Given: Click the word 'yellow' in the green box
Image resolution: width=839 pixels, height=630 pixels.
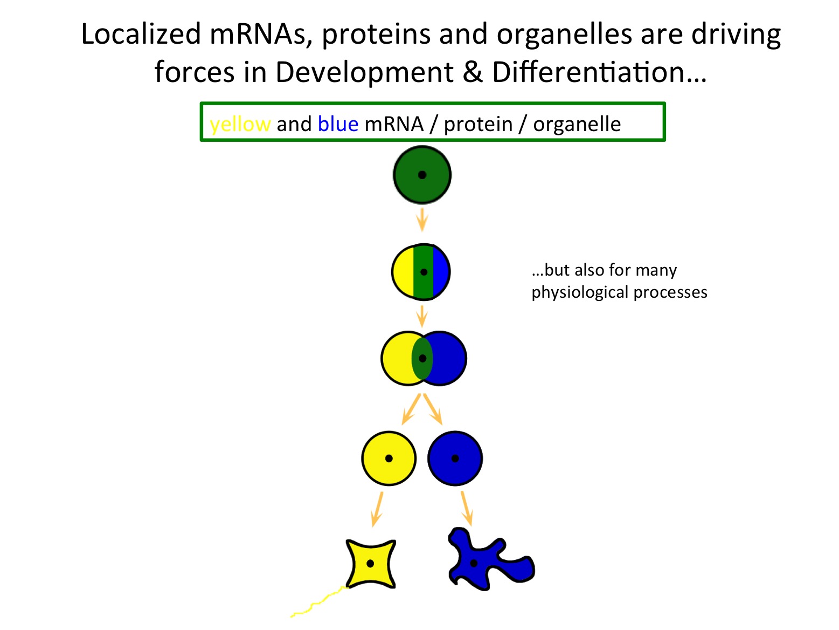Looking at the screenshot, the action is (x=240, y=125).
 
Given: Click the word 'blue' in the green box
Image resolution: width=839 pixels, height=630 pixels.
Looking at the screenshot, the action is (x=338, y=124).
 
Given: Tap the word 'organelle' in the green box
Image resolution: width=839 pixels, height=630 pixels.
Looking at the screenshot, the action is (x=577, y=125).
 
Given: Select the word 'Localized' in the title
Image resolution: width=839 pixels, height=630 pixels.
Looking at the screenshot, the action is (x=141, y=33).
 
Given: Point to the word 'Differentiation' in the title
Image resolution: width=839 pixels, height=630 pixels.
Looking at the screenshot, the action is (x=599, y=72).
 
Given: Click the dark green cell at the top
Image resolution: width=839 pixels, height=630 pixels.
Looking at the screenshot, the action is (x=422, y=174).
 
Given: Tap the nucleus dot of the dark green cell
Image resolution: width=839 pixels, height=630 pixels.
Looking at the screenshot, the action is (x=422, y=175).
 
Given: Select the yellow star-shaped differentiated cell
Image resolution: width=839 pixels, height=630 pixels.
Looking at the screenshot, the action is (x=370, y=564).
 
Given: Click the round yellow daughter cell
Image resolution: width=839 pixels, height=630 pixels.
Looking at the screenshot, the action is (x=389, y=458).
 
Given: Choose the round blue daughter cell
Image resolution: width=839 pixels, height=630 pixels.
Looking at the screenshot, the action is (x=455, y=458).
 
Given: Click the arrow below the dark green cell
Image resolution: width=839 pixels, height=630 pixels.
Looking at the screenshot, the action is (x=422, y=220).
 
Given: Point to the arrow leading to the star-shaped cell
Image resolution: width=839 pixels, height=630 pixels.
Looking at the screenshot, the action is (x=377, y=509).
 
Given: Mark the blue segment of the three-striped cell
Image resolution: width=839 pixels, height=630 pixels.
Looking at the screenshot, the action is (x=440, y=272).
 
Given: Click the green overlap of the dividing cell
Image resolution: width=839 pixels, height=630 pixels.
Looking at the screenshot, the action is (x=422, y=358).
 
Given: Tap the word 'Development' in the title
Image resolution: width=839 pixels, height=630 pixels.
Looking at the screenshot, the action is (x=364, y=72).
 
